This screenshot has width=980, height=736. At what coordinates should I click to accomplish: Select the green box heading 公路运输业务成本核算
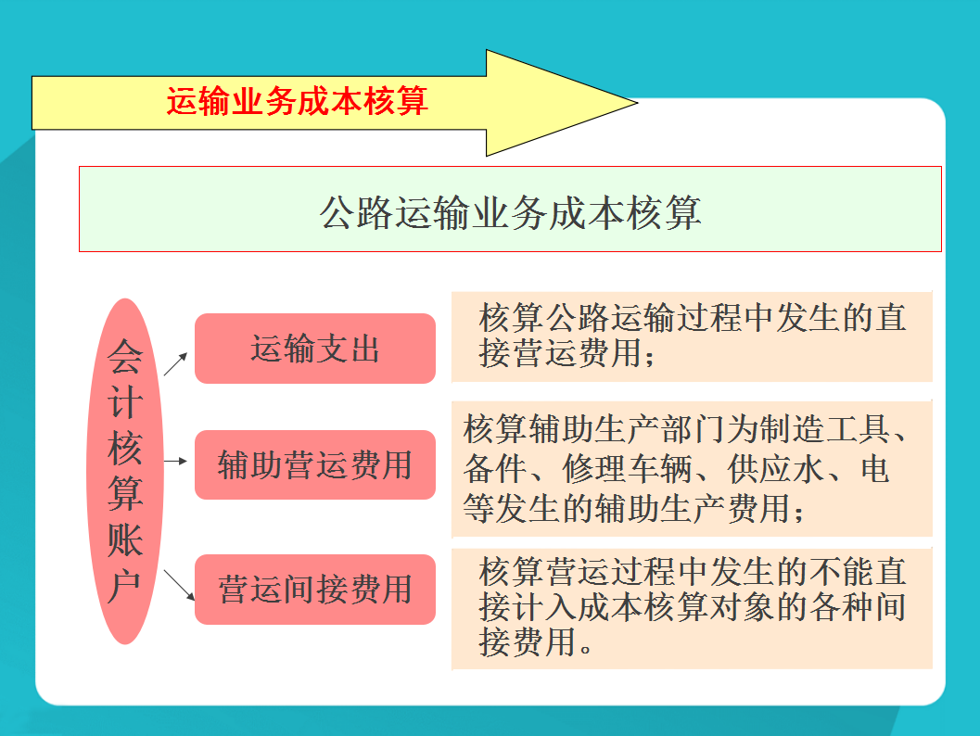point(510,209)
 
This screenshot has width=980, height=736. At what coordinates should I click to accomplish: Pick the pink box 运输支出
point(314,349)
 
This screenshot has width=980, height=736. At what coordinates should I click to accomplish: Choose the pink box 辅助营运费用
point(314,464)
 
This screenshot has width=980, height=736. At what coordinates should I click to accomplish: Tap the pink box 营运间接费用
point(314,590)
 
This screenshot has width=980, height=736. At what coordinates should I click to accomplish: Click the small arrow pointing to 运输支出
point(176,363)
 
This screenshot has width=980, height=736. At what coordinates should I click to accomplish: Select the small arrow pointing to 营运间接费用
point(177,584)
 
